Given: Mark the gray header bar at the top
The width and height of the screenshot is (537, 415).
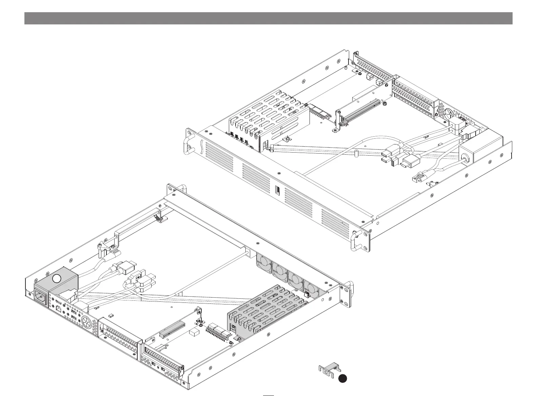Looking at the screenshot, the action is (x=268, y=18).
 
